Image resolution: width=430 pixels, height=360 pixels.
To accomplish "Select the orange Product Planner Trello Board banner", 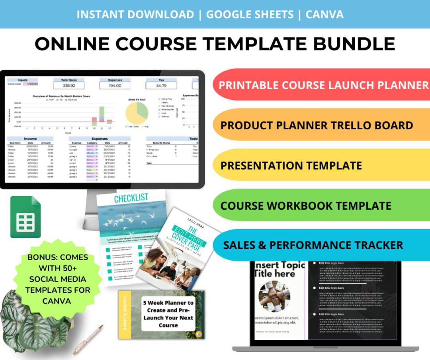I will (x=321, y=125).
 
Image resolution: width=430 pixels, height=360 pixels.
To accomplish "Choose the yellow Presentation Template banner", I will (x=321, y=165).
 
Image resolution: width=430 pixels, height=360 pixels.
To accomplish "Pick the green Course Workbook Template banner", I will (x=321, y=205).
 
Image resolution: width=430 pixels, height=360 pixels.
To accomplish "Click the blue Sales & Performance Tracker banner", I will (x=321, y=245).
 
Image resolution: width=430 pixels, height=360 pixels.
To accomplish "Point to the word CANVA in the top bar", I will (x=324, y=14).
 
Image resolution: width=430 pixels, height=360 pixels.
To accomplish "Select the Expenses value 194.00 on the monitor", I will (x=115, y=86).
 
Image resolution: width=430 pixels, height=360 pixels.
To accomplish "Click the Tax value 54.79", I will (x=161, y=86).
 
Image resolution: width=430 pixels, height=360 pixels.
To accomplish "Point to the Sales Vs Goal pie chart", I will (x=137, y=113).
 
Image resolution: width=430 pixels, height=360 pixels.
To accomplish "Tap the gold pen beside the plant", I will (x=88, y=340).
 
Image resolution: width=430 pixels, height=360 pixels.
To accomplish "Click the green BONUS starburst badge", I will (x=58, y=279).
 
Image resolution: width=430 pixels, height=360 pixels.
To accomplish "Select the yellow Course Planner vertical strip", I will (x=124, y=314).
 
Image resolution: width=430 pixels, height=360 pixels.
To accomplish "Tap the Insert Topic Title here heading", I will (x=279, y=269).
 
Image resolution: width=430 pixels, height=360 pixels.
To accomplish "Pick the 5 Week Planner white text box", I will (x=168, y=314).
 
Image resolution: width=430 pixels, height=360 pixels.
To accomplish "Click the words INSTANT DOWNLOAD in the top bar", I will (x=135, y=14).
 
